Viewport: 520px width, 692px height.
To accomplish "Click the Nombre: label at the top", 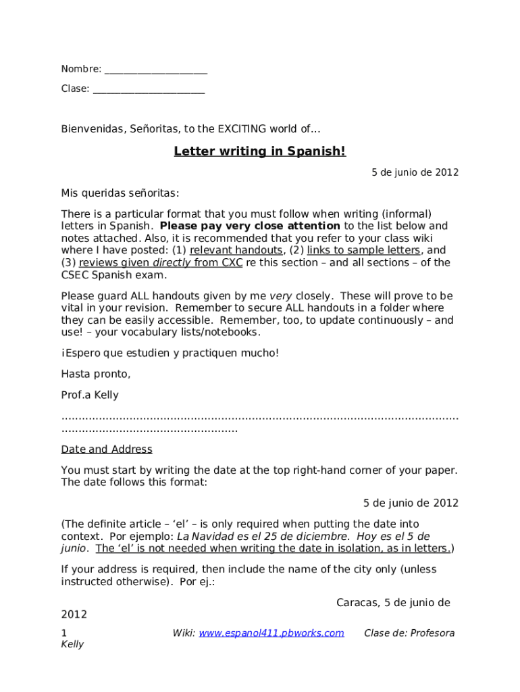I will tap(81, 69).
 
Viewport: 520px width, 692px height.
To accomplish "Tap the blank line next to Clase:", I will tap(149, 89).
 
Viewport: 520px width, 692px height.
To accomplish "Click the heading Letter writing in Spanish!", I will tap(260, 151).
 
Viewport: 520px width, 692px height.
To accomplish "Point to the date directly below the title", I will tap(415, 172).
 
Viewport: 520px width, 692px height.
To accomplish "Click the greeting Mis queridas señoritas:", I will tap(120, 193).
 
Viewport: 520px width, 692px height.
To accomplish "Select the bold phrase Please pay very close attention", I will tap(250, 226).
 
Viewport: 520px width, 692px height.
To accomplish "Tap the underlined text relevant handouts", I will tap(236, 250).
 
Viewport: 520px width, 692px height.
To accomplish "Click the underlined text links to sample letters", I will tap(363, 250).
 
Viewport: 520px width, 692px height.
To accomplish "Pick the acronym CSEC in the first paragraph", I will tap(76, 274).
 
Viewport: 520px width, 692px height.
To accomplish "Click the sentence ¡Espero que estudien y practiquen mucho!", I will tap(170, 353).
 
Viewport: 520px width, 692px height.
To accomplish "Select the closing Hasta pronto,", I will tap(96, 374).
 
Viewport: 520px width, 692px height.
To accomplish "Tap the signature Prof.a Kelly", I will tap(90, 395).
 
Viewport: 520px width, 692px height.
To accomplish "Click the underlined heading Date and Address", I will tap(107, 449).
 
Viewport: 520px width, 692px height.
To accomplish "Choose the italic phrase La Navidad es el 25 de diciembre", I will tap(263, 536).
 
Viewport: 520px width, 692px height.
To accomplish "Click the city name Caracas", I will tap(357, 602).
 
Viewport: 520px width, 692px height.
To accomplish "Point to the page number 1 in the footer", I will tap(64, 633).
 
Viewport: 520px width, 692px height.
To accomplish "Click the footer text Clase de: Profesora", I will tap(409, 633).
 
